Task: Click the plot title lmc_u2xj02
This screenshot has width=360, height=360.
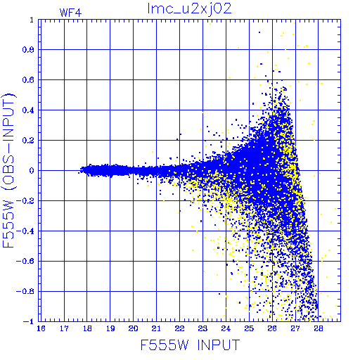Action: [189, 9]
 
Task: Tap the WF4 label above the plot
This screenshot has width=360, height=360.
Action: [70, 13]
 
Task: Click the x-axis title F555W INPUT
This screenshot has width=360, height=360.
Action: [190, 345]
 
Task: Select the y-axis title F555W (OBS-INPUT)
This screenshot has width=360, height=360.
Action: [8, 170]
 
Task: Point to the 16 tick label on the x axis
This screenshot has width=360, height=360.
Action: [41, 328]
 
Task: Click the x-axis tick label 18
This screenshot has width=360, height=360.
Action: [87, 328]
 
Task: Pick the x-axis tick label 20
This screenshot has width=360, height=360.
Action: [133, 328]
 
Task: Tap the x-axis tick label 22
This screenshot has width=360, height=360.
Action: [179, 328]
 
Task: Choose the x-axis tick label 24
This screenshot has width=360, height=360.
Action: [226, 328]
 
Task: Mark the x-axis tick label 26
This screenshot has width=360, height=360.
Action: [272, 328]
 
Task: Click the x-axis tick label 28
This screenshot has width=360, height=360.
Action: [319, 328]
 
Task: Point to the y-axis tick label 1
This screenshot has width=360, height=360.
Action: [32, 20]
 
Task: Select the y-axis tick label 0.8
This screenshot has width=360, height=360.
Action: [28, 50]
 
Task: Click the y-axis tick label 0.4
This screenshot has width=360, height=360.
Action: [28, 110]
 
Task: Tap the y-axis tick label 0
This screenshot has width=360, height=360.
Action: [32, 170]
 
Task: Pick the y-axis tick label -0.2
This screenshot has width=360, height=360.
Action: [25, 201]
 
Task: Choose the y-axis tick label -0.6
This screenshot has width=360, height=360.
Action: [25, 261]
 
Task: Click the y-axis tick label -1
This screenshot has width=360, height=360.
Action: [29, 321]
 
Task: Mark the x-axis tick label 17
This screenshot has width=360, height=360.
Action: [64, 328]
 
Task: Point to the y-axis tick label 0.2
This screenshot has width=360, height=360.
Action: [28, 141]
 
